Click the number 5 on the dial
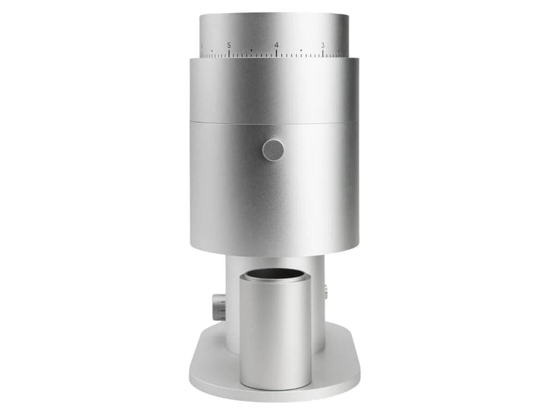pos(229,46)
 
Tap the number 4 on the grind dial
pos(276,46)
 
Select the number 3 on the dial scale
pos(323,46)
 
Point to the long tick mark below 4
pos(277,53)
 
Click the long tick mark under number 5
pos(229,53)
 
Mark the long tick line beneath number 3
pos(323,53)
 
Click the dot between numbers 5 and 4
pos(252,51)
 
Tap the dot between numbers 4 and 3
pos(301,51)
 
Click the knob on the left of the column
pos(218,306)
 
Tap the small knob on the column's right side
pos(325,292)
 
